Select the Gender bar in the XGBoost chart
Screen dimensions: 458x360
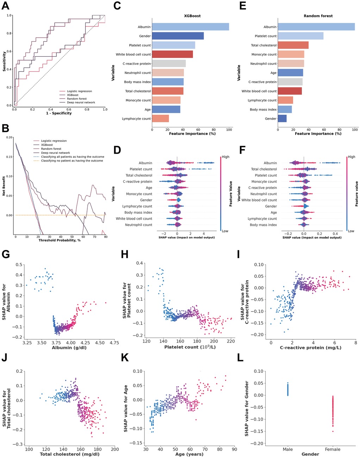click(178, 36)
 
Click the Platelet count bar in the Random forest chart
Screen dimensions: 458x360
click(300, 36)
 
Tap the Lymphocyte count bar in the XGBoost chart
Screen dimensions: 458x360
click(160, 119)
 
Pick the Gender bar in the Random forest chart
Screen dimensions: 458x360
click(282, 119)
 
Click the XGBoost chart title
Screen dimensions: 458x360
click(192, 16)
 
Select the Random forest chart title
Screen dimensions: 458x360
click(318, 16)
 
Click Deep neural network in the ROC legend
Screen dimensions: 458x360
click(81, 103)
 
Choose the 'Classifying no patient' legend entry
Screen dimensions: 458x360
click(72, 161)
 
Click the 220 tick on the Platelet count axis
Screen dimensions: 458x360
click(231, 342)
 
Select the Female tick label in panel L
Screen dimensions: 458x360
click(333, 449)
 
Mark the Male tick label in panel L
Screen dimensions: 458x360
click(288, 449)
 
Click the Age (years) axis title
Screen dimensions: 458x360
click(190, 454)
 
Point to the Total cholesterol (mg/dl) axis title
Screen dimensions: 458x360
click(72, 454)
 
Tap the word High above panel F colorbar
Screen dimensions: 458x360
click(351, 157)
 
